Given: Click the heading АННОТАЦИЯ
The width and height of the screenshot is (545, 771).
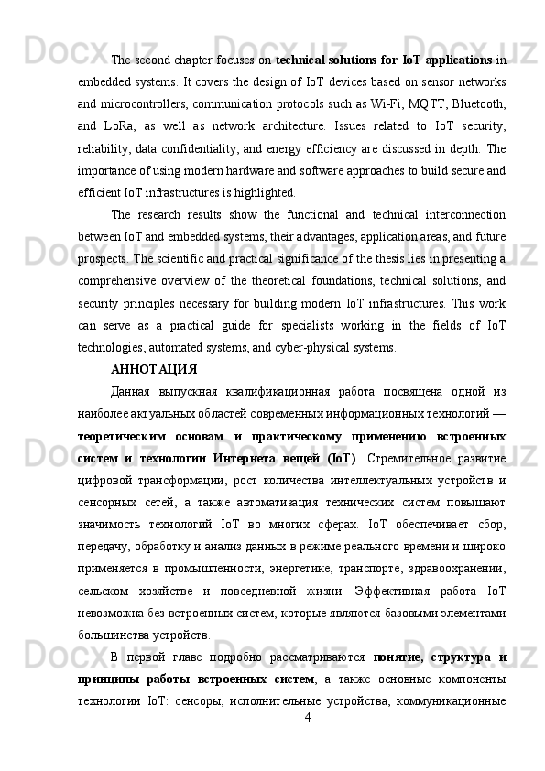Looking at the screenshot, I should pyautogui.click(x=154, y=371).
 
